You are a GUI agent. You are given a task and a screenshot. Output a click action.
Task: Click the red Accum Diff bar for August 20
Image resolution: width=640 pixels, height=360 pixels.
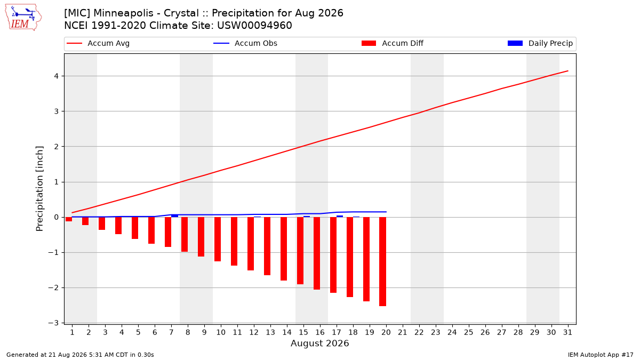point(383,261)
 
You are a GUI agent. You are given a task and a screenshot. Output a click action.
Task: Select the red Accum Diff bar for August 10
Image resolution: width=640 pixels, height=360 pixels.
point(218,239)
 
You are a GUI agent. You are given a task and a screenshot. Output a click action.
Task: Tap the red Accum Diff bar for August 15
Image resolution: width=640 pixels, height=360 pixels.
point(300,251)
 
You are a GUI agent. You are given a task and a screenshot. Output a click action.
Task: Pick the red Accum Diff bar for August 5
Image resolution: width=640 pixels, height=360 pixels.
point(135,228)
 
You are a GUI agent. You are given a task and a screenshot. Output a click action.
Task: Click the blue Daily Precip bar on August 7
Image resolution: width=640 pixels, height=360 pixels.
point(174,215)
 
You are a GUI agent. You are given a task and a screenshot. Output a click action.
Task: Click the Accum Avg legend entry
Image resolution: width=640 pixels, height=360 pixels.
point(98,43)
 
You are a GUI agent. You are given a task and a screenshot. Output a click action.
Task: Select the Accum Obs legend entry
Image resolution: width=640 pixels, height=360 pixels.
point(245,43)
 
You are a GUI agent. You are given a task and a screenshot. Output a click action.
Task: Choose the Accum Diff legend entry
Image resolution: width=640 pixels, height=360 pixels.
point(393,43)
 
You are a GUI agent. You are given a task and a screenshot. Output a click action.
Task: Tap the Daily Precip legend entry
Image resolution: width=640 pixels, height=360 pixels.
point(540,43)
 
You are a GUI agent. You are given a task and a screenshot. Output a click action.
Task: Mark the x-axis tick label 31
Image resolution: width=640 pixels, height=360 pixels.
point(567,332)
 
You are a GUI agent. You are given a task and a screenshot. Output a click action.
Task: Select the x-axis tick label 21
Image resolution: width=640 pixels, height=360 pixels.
point(403,332)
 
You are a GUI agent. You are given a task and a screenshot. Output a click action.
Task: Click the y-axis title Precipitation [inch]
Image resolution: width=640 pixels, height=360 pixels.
point(39,189)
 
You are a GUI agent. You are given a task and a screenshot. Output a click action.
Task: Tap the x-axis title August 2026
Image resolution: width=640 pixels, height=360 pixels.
point(319,343)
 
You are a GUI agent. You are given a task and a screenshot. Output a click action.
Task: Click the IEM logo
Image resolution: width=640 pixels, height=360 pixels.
point(23,17)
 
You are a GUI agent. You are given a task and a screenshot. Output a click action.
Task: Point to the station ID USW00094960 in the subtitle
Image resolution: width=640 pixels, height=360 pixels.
point(254,26)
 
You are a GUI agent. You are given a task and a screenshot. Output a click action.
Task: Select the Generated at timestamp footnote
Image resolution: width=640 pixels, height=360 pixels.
point(80,355)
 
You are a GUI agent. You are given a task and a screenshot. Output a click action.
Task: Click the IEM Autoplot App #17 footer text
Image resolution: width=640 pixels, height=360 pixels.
point(601,355)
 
